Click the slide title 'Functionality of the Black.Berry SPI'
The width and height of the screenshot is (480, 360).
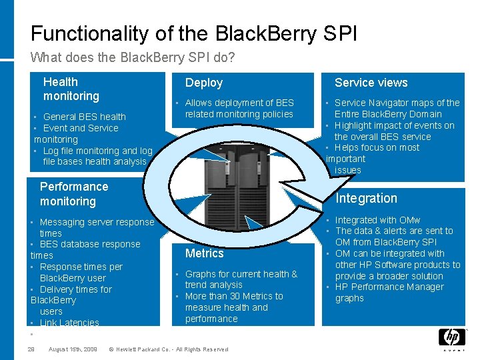pyautogui.click(x=193, y=33)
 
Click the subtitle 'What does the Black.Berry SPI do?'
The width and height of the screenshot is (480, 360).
pyautogui.click(x=133, y=58)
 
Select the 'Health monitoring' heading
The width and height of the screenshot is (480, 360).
pyautogui.click(x=71, y=89)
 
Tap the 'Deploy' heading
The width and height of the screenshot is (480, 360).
pyautogui.click(x=204, y=83)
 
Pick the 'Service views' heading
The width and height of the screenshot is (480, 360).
pyautogui.click(x=371, y=83)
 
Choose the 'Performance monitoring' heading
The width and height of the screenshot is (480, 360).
pyautogui.click(x=73, y=194)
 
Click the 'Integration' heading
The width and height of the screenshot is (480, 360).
pyautogui.click(x=366, y=198)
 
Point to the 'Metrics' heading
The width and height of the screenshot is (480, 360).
pyautogui.click(x=205, y=253)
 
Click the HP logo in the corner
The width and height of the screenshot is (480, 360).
pyautogui.click(x=452, y=337)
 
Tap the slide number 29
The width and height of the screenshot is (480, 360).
pyautogui.click(x=31, y=349)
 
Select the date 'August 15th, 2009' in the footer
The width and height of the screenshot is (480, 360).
pyautogui.click(x=73, y=349)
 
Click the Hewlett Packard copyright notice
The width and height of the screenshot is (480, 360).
pyautogui.click(x=168, y=349)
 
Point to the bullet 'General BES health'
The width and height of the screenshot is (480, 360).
pyautogui.click(x=84, y=117)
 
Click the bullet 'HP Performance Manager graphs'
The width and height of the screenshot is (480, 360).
pyautogui.click(x=389, y=293)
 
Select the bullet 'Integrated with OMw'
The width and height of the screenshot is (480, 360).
pyautogui.click(x=377, y=220)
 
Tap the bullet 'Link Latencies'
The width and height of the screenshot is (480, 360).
pyautogui.click(x=69, y=323)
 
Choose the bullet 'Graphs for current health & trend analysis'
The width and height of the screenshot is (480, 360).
pyautogui.click(x=241, y=279)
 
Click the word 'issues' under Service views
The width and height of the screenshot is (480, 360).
pyautogui.click(x=347, y=170)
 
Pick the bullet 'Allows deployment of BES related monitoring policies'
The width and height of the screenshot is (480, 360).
pyautogui.click(x=239, y=109)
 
